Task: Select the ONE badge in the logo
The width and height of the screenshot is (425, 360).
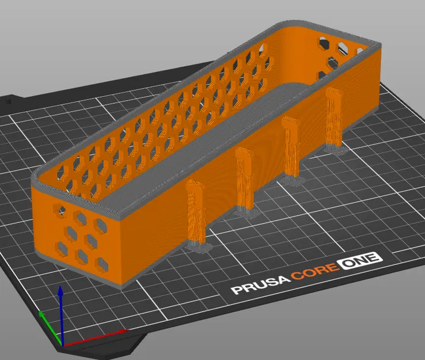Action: (360, 259)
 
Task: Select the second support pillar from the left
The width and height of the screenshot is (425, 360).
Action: (245, 179)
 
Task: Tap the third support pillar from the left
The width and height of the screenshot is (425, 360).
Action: (290, 146)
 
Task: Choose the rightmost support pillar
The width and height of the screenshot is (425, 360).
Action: (333, 118)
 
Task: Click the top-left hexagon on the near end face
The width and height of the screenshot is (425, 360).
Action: (60, 211)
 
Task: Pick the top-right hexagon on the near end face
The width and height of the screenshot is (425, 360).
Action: (80, 218)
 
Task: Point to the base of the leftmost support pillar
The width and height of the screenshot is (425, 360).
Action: (199, 248)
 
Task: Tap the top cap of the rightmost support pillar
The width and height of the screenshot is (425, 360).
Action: (333, 92)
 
